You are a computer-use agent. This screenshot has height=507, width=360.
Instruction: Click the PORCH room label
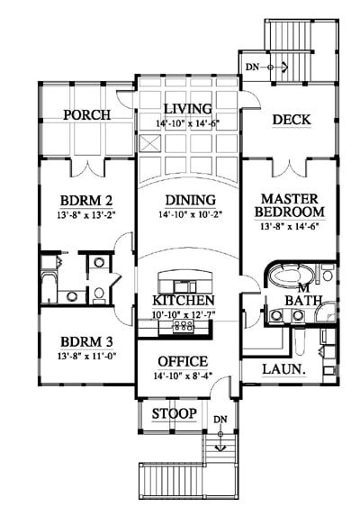pos(86,114)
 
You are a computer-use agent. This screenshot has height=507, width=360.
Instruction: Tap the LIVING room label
pos(188,109)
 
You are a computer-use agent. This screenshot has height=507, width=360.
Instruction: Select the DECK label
pos(292,120)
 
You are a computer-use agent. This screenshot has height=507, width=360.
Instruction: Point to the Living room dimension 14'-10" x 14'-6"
pos(188,123)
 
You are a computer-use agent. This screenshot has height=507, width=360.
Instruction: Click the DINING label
pos(190,200)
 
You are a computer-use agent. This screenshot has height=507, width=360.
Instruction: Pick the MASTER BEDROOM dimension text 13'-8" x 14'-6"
pos(290,226)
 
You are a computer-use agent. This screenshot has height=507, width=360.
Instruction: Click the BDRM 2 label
pos(86,201)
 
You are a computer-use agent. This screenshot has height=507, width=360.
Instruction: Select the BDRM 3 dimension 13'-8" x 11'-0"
pos(86,356)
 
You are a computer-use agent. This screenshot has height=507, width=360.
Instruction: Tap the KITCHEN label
pos(184,301)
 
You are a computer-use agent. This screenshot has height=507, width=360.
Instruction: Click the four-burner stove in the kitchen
pos(184,326)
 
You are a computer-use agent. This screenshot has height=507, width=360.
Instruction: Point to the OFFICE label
pos(183,361)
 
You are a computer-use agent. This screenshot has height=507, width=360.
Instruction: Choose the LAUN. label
pos(283,369)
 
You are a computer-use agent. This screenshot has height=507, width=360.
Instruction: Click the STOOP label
pos(175,413)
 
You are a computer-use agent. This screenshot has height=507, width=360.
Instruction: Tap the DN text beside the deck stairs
pos(252,68)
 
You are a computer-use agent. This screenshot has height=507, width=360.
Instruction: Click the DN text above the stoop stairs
pos(220,420)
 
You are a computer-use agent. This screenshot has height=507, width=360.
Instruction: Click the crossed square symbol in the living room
pos(150,143)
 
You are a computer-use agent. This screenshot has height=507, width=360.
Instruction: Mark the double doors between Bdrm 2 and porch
pos(88,168)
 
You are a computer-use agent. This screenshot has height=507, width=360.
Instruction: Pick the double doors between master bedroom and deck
pos(290,168)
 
